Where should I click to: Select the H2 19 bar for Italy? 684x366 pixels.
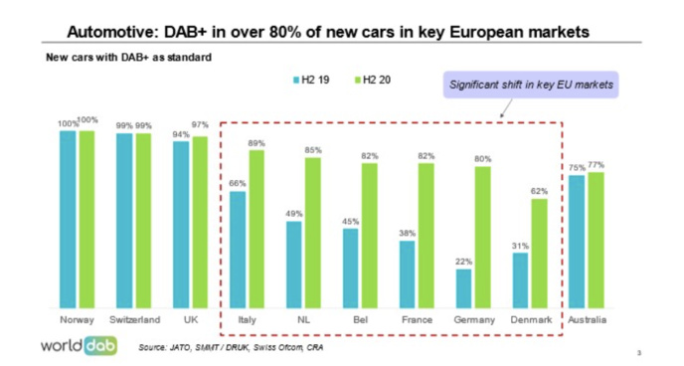coord(238,250)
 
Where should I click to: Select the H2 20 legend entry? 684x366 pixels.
coord(372,77)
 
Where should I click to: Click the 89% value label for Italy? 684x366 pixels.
coord(256,143)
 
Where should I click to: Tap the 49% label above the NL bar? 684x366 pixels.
coord(294,214)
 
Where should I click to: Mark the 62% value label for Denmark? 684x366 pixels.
coord(540,191)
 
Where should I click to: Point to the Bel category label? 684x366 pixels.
coord(361,320)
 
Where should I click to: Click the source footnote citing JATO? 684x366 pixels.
coord(230,347)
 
